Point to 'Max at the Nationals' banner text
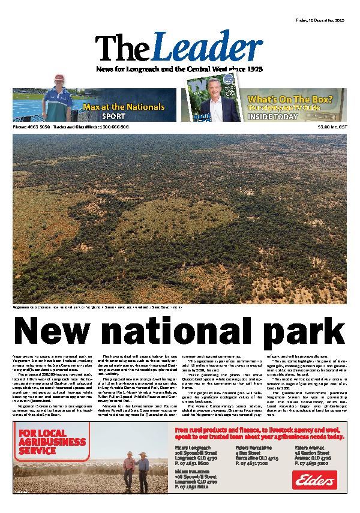[124, 107]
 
